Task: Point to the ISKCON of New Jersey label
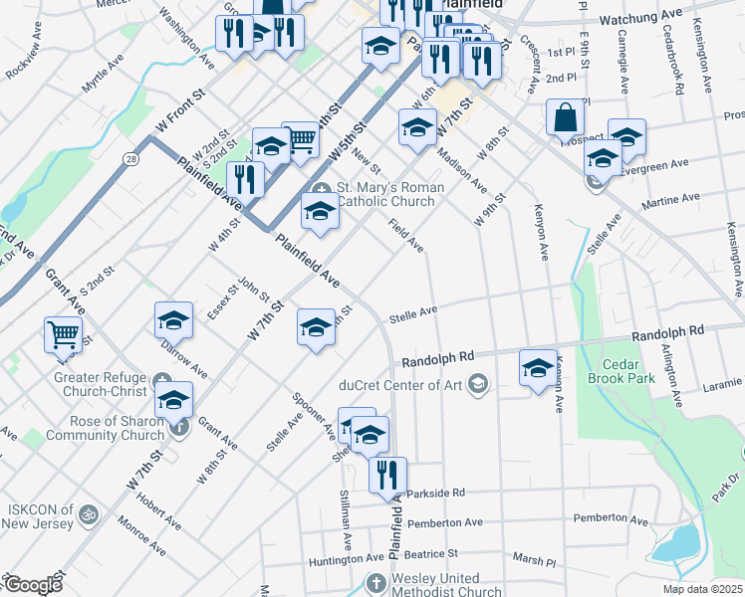39,515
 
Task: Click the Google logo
33,585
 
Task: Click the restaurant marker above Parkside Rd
387,475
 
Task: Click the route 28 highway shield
131,158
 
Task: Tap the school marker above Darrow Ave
173,319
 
